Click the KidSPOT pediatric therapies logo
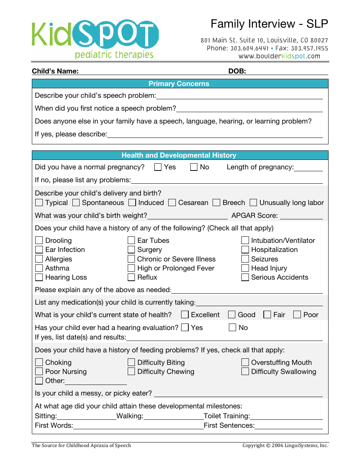(95, 39)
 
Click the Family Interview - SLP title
(269, 24)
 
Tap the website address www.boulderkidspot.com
(279, 56)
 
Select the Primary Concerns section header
(179, 84)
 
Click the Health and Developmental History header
(179, 155)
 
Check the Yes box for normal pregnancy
(158, 167)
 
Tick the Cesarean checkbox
(172, 203)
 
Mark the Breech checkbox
(216, 203)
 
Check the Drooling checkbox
(39, 241)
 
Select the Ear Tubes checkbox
(131, 241)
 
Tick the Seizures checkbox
(245, 259)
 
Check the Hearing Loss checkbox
(39, 277)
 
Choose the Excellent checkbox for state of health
(185, 315)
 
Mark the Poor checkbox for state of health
(297, 315)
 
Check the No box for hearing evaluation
(233, 328)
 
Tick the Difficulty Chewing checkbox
(131, 372)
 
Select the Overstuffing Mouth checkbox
(245, 363)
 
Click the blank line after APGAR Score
(301, 216)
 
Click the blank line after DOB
(287, 72)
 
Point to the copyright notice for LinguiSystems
(285, 446)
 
